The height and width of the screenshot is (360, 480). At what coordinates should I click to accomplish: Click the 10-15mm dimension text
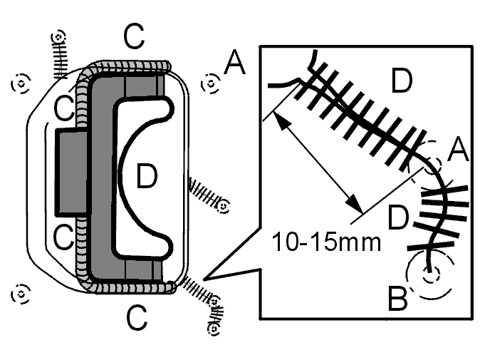click(x=326, y=242)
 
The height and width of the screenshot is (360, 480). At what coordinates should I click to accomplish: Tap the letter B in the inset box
click(x=397, y=298)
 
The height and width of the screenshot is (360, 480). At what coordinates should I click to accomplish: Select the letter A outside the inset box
click(x=235, y=63)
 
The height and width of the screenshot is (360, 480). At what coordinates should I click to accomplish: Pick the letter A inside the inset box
click(x=458, y=150)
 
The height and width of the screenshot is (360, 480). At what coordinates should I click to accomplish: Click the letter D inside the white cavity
click(x=147, y=176)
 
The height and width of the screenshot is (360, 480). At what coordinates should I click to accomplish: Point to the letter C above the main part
click(x=134, y=36)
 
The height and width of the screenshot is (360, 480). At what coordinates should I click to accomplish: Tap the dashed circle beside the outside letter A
click(x=211, y=83)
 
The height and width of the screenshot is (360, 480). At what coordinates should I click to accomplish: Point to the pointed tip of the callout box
click(x=204, y=279)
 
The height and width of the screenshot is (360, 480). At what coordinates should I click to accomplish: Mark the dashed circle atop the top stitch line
click(x=58, y=38)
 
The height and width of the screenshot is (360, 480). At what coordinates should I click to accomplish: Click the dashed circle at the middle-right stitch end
click(x=224, y=206)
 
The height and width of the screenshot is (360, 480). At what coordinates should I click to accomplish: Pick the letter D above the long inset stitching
click(x=402, y=81)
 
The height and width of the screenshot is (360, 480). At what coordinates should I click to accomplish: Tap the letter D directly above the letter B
click(x=398, y=217)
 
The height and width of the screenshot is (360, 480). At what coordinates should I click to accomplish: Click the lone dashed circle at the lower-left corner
click(x=21, y=294)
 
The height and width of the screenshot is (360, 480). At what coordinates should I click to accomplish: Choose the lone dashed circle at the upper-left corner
click(x=21, y=83)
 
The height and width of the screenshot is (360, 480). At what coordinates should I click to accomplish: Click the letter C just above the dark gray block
click(x=63, y=108)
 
